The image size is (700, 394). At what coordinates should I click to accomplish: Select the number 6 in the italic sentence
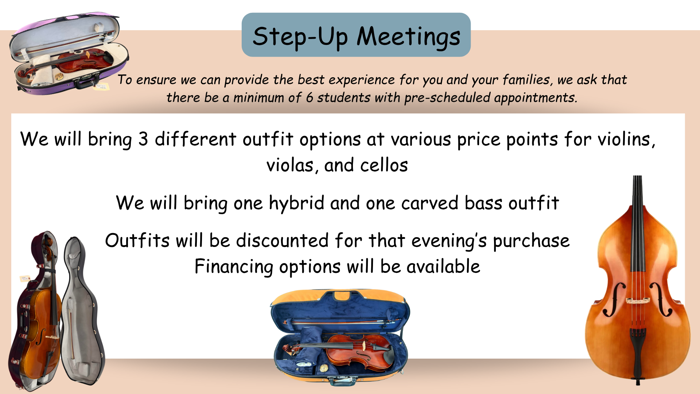click(x=309, y=98)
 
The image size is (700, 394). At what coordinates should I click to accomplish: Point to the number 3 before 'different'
click(x=143, y=139)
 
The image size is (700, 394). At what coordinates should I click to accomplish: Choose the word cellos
click(x=384, y=165)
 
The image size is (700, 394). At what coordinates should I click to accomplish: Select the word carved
click(x=430, y=203)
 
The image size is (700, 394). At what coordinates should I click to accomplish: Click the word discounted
click(x=283, y=241)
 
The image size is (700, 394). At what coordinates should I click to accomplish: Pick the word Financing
click(x=234, y=267)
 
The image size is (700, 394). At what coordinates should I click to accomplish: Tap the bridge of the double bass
click(x=638, y=301)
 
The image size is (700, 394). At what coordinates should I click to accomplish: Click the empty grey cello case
click(x=82, y=310)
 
